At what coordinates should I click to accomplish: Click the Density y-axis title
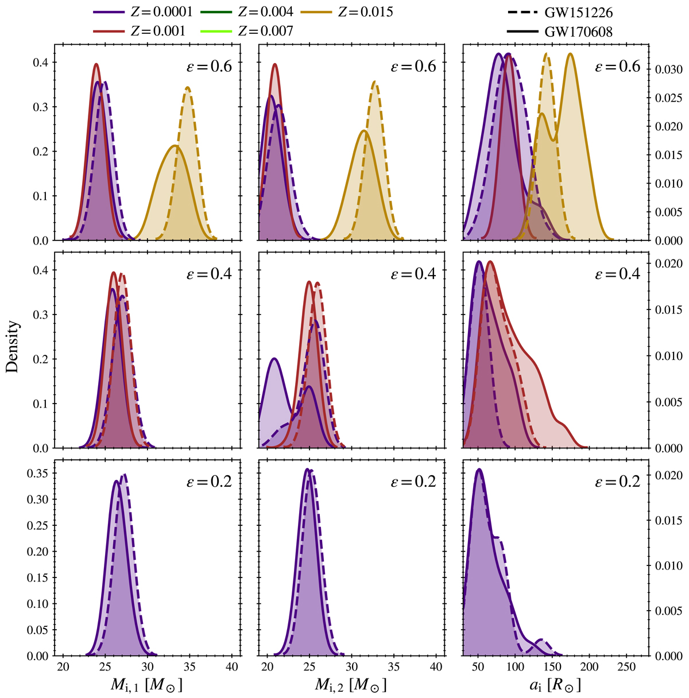pos(13,347)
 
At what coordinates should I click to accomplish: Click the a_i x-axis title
pos(555,685)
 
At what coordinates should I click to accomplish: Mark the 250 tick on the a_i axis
pos(626,668)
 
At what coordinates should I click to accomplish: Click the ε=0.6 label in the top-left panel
pos(209,67)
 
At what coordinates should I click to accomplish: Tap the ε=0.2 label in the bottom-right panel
pos(617,481)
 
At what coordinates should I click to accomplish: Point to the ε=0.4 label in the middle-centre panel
pos(413,274)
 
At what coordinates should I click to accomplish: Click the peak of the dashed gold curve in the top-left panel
pos(188,87)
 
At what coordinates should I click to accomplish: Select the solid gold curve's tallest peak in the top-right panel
pos(570,54)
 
